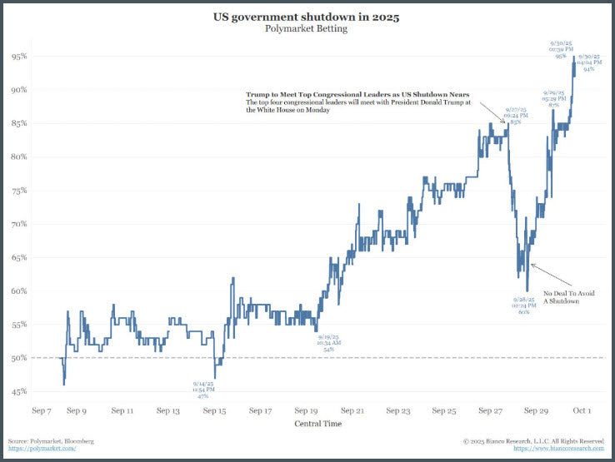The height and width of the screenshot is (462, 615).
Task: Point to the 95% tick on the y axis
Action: tap(20, 57)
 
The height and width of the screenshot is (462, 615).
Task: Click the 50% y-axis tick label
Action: tap(20, 358)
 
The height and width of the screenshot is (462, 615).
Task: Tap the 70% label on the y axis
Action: tap(20, 224)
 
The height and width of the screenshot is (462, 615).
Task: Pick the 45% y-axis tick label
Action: tap(20, 391)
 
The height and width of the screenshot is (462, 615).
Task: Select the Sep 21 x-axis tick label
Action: tap(353, 410)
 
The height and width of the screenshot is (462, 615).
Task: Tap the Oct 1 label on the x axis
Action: tap(582, 410)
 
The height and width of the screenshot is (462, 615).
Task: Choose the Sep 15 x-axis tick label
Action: tap(215, 410)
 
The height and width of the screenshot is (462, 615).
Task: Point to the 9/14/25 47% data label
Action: tap(203, 390)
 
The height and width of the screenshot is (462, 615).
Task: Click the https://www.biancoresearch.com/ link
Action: tap(556, 448)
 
